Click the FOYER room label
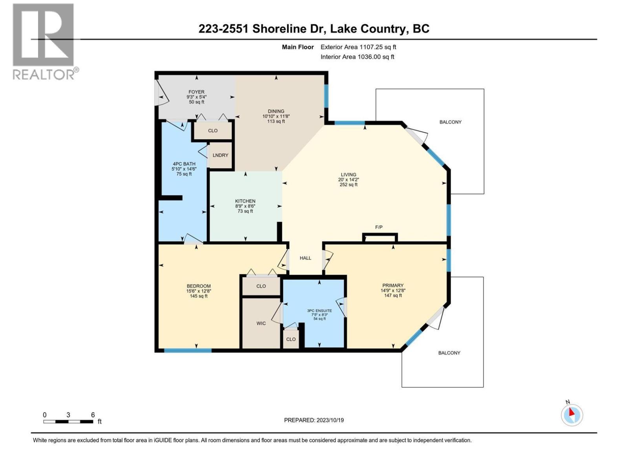[196, 92]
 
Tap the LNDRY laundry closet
[220, 155]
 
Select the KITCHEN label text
[245, 201]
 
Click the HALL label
[305, 258]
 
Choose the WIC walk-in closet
[261, 323]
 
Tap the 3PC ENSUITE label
[319, 311]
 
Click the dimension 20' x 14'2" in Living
[349, 180]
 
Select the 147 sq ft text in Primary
[393, 296]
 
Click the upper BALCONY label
[450, 122]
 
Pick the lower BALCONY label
[449, 353]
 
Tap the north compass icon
[572, 415]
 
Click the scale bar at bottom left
[68, 422]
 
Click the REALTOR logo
[44, 41]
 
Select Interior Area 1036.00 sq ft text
[357, 57]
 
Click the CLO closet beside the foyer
[213, 131]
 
